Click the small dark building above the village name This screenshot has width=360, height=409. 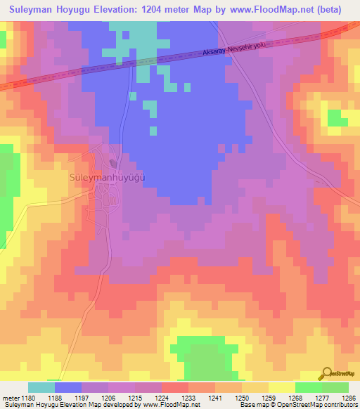click(114, 164)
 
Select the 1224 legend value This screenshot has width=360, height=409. click(162, 398)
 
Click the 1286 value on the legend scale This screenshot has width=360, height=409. click(349, 398)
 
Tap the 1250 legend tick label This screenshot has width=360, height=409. click(242, 398)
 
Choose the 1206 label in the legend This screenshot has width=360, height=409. click(108, 398)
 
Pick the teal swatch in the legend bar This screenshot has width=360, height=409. click(41, 387)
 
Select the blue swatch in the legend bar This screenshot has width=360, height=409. click(68, 387)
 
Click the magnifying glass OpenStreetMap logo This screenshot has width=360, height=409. click(328, 373)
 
